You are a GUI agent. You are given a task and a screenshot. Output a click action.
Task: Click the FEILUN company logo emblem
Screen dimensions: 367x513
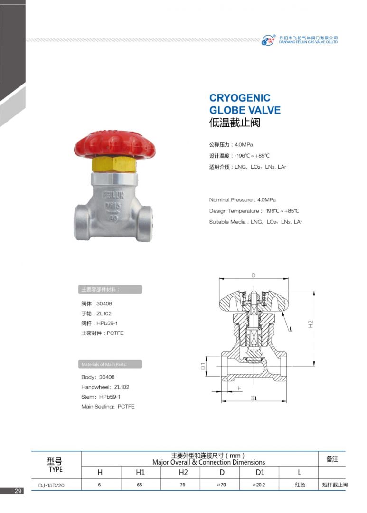268,40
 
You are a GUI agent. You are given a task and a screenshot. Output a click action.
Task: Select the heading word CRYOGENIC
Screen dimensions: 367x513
240,98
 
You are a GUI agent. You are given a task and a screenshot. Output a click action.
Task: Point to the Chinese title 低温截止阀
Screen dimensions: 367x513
235,123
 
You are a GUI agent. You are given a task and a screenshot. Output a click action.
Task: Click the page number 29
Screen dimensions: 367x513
18,490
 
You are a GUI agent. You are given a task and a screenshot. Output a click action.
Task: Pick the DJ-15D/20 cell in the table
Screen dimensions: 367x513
51,485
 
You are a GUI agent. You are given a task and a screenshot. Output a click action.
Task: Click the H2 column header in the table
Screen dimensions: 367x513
183,473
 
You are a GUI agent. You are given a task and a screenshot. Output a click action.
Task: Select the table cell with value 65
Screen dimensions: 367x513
140,484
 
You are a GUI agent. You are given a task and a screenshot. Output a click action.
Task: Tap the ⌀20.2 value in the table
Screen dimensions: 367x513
259,484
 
